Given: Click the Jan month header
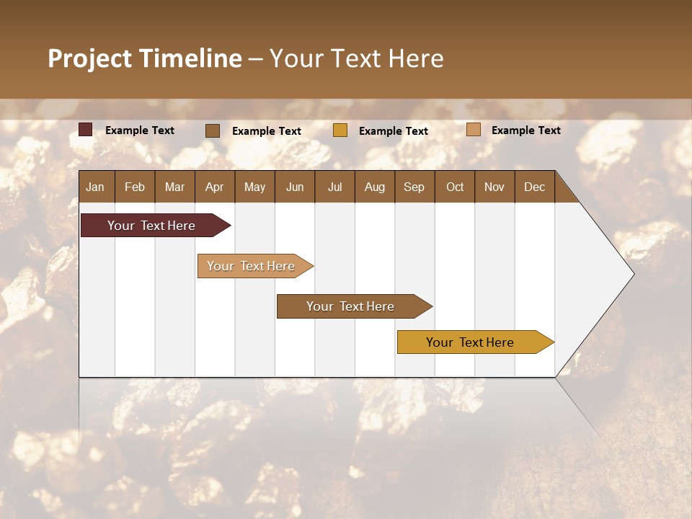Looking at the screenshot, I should point(96,187).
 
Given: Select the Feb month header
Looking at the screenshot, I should point(135,187).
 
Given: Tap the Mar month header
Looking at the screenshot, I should point(174,187).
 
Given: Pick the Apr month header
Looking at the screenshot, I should point(215,187).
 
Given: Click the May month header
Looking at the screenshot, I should point(254,187).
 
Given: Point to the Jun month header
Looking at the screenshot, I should point(295,187).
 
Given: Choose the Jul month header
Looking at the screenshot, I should point(334,187).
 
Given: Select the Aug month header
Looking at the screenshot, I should point(375,187).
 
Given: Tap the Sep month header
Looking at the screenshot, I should point(414,187).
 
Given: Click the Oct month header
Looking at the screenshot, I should point(455,187).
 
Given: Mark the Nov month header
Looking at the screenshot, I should point(494,187).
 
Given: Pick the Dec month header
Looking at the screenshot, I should point(535,187).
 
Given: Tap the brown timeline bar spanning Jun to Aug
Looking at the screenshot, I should point(351,306).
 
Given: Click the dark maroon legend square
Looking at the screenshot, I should point(86,130).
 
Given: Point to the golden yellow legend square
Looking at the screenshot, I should point(340,130).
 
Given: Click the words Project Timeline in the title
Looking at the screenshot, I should point(145,58).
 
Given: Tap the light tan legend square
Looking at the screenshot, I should point(474,130).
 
